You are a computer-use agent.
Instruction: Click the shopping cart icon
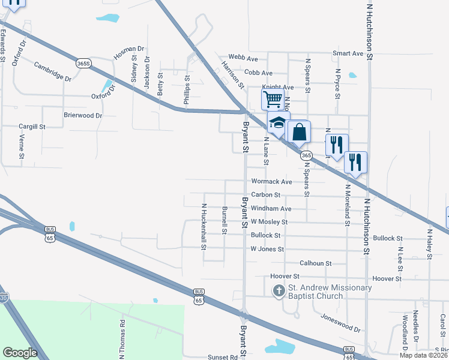coord(273,98)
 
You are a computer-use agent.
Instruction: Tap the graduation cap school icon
coord(278,123)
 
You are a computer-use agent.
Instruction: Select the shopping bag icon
coord(299,131)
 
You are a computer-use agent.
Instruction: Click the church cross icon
coord(279,292)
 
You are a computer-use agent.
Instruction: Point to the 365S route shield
coord(83,63)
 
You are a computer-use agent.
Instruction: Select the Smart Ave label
coord(348,53)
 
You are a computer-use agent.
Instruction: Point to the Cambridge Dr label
coord(52,71)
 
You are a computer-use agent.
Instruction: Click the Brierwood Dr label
coord(83,115)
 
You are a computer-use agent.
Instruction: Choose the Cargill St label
coord(32,127)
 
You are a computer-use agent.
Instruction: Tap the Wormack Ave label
coord(271,181)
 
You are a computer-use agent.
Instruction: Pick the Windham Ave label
coord(271,209)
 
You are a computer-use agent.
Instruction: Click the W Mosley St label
coord(270,222)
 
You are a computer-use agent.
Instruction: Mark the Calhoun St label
coord(316,263)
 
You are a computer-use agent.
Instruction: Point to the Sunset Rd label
coord(223,357)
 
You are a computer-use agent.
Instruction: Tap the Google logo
coord(20,352)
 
